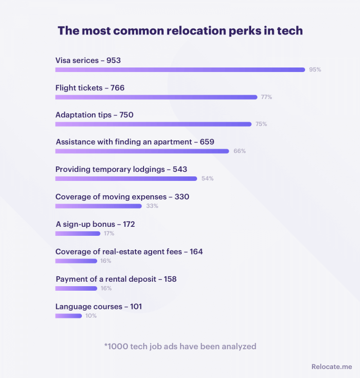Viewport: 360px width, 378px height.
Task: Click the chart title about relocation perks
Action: click(x=180, y=31)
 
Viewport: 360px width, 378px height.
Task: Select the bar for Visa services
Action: click(x=180, y=70)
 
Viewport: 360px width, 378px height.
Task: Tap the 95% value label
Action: click(x=315, y=70)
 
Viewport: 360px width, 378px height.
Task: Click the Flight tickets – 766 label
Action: click(x=90, y=88)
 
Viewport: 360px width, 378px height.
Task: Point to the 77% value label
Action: click(x=266, y=97)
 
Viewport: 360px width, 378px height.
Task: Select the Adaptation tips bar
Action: click(x=153, y=124)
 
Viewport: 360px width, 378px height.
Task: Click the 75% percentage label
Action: click(x=261, y=124)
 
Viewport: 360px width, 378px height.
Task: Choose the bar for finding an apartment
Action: click(x=142, y=151)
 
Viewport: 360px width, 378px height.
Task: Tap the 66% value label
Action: click(x=239, y=151)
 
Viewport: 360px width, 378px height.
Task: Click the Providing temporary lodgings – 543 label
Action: click(x=121, y=169)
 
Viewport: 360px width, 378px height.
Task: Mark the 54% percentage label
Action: click(x=207, y=179)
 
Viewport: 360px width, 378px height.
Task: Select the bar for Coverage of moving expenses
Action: click(x=99, y=206)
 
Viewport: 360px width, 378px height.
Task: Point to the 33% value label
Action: click(x=152, y=206)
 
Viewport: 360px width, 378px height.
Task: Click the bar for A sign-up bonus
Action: click(x=78, y=234)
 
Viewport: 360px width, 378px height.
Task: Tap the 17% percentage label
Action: click(x=109, y=234)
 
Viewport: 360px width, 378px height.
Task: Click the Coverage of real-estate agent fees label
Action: click(x=129, y=252)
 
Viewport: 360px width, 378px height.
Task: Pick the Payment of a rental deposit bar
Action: click(x=76, y=288)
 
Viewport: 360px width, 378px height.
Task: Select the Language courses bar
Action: click(x=68, y=316)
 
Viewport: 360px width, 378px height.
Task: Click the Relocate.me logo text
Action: click(x=332, y=367)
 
